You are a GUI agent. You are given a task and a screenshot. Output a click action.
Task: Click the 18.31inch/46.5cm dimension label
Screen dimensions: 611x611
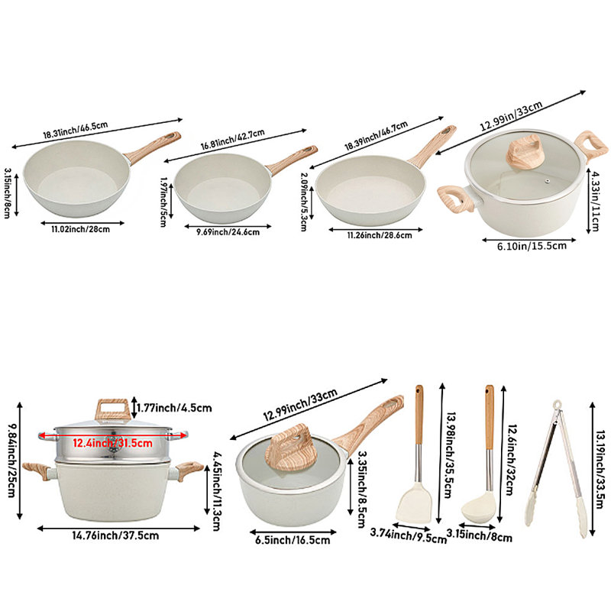[75, 130]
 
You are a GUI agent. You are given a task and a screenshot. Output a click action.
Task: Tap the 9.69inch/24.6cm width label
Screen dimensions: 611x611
[228, 232]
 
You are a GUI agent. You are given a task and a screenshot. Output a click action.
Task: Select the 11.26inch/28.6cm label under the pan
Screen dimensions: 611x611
[380, 235]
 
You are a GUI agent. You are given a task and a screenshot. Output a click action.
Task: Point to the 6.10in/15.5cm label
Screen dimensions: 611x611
[532, 246]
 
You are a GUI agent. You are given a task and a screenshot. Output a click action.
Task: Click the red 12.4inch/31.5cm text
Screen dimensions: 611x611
[112, 443]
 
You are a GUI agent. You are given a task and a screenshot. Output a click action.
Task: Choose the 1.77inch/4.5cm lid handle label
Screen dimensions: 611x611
[174, 408]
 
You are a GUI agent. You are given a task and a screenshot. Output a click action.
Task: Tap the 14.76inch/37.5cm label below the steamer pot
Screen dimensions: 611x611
[115, 535]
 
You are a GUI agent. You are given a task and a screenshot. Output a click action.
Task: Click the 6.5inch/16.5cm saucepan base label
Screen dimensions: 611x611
[293, 540]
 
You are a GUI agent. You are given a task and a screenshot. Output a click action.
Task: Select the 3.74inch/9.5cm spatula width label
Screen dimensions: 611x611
[409, 535]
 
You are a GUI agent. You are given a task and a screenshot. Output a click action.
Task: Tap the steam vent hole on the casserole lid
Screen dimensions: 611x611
[548, 181]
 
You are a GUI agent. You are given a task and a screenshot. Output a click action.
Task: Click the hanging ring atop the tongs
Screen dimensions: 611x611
[558, 405]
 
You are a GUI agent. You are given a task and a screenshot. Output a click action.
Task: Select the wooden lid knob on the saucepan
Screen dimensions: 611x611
[289, 447]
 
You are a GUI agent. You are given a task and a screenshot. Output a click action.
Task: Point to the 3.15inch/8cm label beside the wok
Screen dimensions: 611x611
[8, 193]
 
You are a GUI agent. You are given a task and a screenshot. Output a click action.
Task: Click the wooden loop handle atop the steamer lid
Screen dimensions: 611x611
[112, 409]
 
